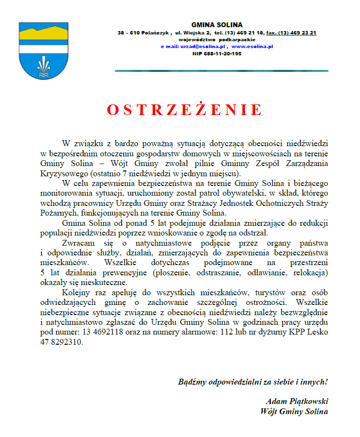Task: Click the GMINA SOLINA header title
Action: pos(216,25)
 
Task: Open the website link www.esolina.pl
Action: pos(252,47)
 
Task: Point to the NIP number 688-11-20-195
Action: pos(217,53)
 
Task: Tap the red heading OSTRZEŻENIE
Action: pos(184,110)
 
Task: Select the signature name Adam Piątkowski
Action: pos(297,402)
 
